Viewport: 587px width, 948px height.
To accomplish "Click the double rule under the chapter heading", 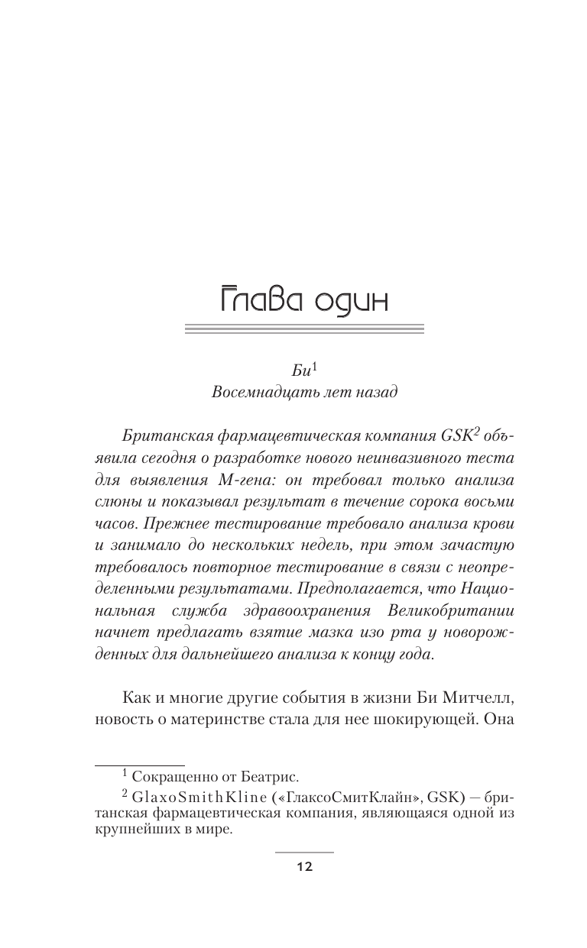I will (x=305, y=329).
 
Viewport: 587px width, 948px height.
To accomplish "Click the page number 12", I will (x=304, y=867).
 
